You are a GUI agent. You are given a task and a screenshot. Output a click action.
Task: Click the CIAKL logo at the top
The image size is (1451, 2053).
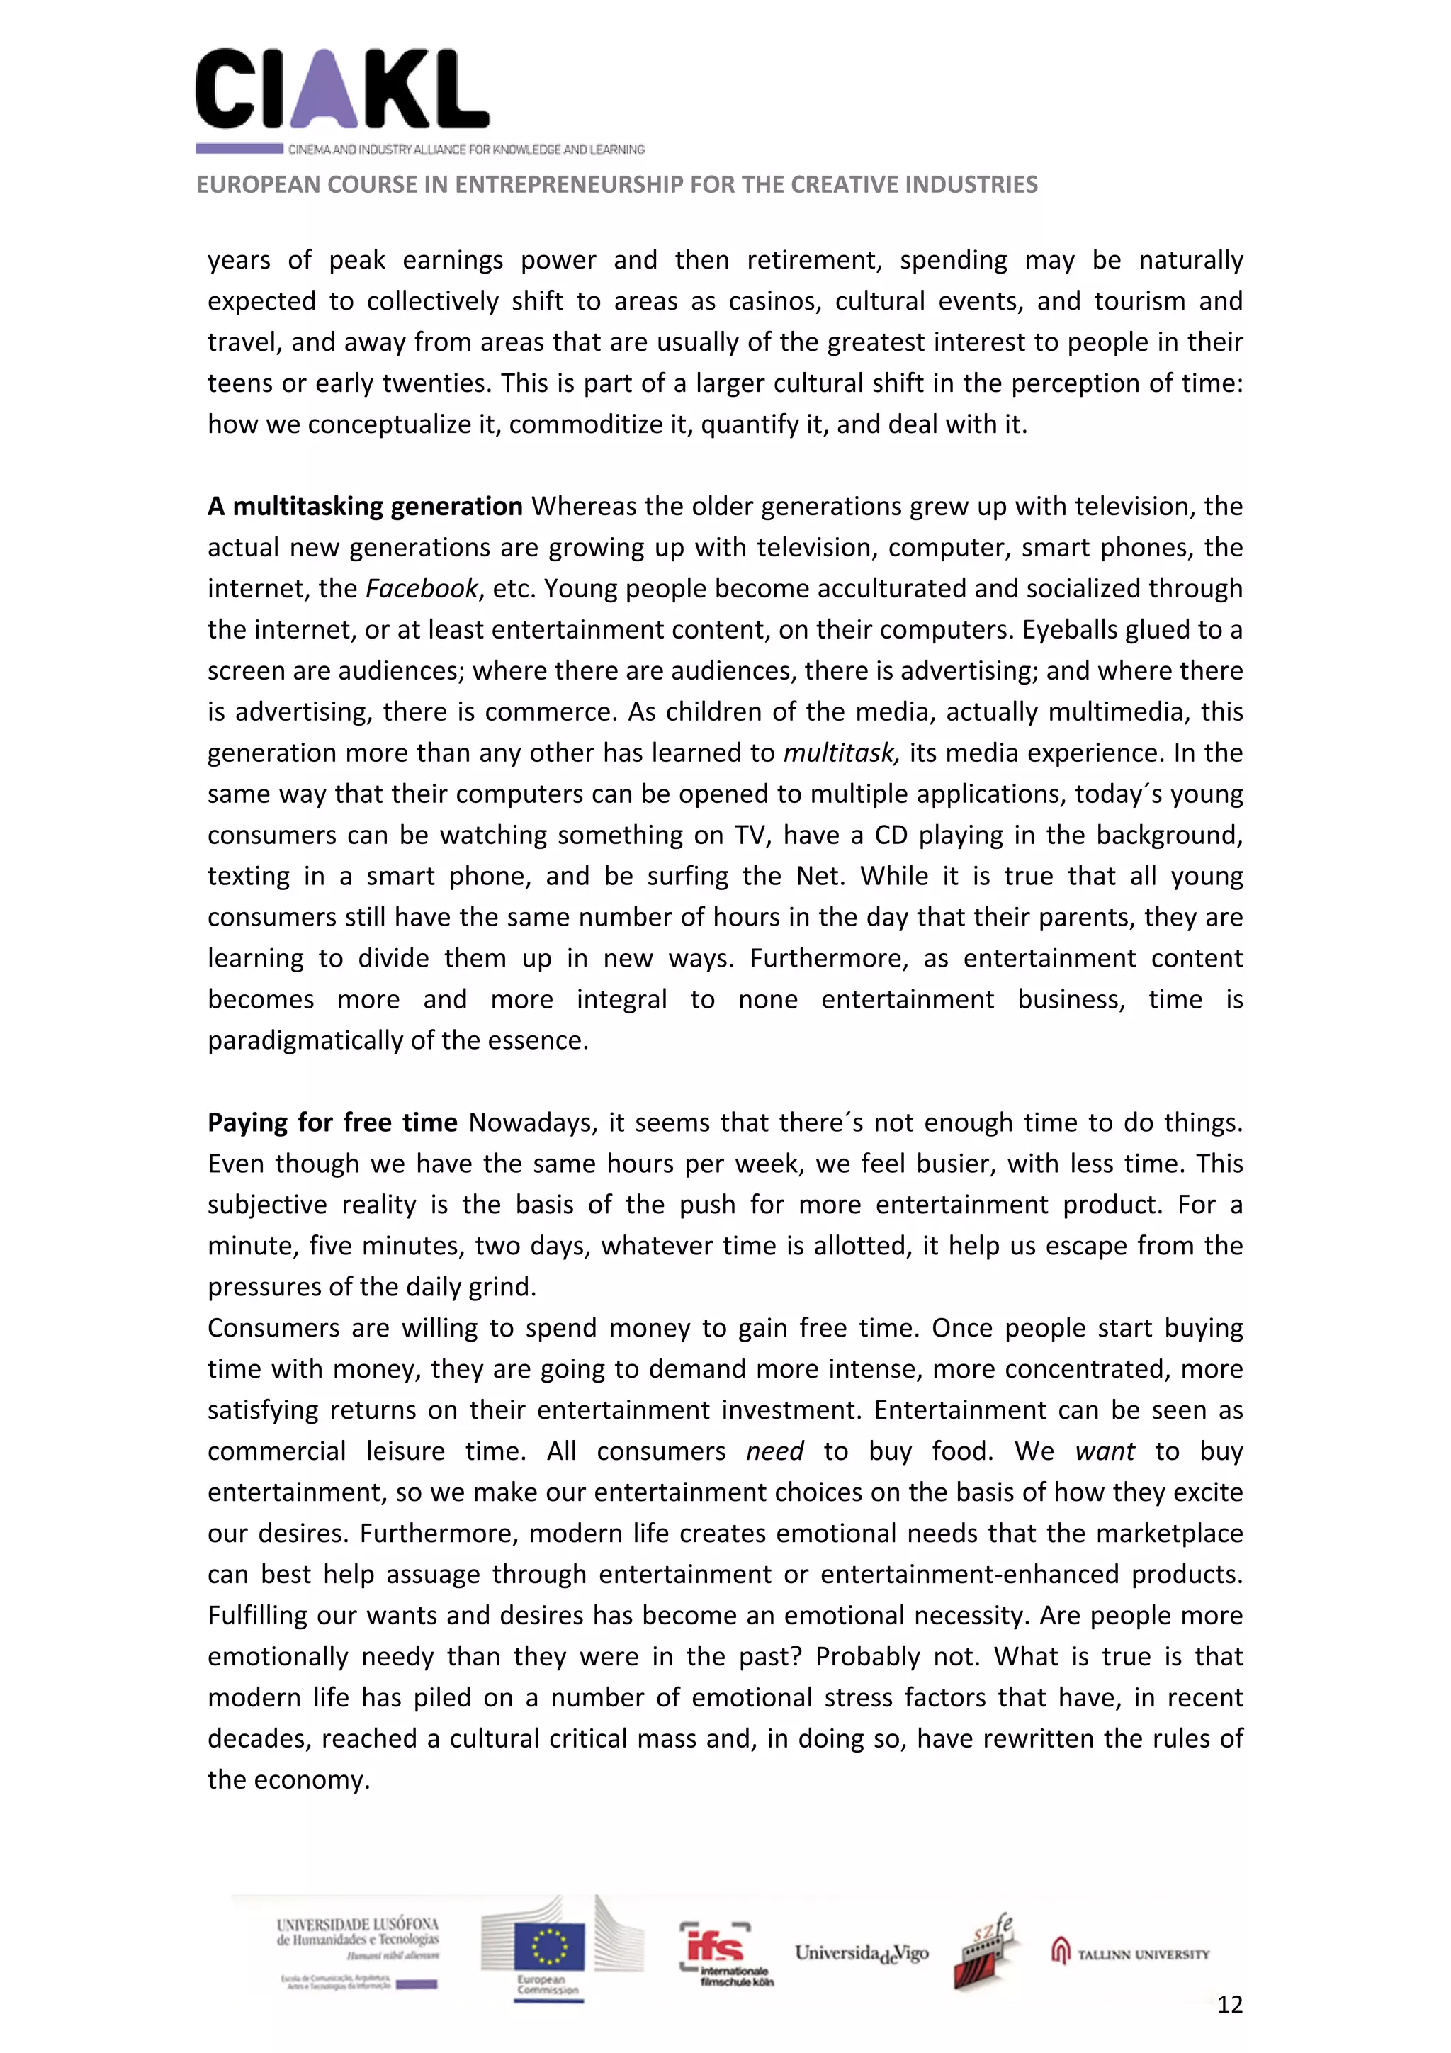coord(342,89)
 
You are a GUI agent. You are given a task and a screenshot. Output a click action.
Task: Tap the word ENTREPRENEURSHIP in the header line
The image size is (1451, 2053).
coord(570,184)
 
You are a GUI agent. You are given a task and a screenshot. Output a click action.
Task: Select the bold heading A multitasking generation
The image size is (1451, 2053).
coord(365,506)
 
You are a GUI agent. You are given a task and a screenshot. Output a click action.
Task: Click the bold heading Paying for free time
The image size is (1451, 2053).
coord(332,1123)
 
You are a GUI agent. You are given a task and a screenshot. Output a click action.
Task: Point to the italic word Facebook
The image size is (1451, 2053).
coord(422,588)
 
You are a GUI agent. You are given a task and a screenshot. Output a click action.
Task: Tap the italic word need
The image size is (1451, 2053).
coord(774,1451)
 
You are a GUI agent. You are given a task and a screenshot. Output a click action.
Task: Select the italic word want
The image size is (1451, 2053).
coord(1104,1451)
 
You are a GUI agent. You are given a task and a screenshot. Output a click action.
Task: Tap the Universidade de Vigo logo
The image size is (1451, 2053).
coord(861,1953)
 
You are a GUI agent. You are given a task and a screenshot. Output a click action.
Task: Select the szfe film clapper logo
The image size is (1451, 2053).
coord(984,1951)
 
